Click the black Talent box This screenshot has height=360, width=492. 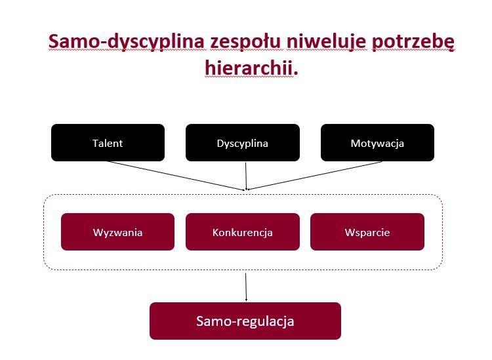pyautogui.click(x=108, y=143)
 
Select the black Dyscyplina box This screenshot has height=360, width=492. pyautogui.click(x=243, y=143)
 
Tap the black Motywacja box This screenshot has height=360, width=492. pyautogui.click(x=377, y=143)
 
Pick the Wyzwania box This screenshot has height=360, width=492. pyautogui.click(x=117, y=231)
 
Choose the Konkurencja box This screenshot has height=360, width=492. pyautogui.click(x=243, y=231)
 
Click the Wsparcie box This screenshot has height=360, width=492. pyautogui.click(x=367, y=231)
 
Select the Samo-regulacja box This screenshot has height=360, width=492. pyautogui.click(x=245, y=321)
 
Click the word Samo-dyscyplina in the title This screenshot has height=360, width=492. pyautogui.click(x=127, y=41)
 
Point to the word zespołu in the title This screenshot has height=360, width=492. pyautogui.click(x=245, y=42)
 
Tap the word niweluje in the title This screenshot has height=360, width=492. pyautogui.click(x=326, y=41)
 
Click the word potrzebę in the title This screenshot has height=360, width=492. pyautogui.click(x=413, y=42)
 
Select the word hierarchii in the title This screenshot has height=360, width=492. pyautogui.click(x=249, y=68)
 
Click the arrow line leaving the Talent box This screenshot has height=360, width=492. pyautogui.click(x=176, y=176)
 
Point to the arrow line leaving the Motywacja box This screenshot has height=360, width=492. pyautogui.click(x=315, y=176)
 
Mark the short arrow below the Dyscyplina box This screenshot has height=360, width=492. pyautogui.click(x=246, y=176)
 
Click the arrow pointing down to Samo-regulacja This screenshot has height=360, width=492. pyautogui.click(x=246, y=287)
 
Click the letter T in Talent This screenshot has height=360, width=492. pyautogui.click(x=95, y=143)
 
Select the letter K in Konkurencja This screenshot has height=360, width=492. pyautogui.click(x=215, y=232)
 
